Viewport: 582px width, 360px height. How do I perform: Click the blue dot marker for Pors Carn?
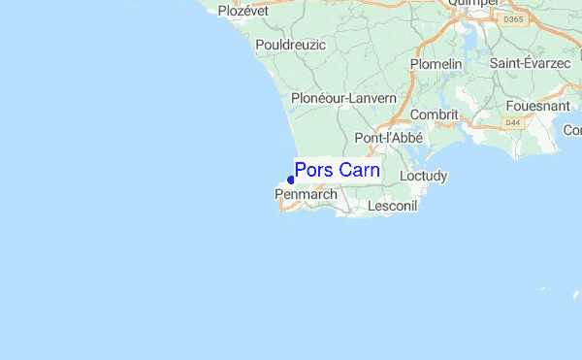[x=291, y=180]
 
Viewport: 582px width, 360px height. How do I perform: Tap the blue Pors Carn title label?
[x=338, y=171]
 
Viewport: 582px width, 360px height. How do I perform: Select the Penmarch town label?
[x=307, y=195]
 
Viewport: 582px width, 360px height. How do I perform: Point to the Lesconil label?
[x=392, y=207]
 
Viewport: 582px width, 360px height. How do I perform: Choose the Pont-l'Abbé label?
[x=386, y=138]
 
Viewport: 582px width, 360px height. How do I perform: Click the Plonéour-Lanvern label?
[x=343, y=98]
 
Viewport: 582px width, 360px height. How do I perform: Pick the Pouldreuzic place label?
[x=291, y=45]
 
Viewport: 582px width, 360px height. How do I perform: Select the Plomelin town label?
[x=436, y=64]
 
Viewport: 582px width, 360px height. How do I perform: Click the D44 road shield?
[x=512, y=121]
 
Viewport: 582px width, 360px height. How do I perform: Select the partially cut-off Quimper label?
[x=473, y=4]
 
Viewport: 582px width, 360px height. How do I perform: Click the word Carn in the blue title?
[x=360, y=171]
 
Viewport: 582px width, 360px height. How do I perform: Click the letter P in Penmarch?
[x=279, y=195]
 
